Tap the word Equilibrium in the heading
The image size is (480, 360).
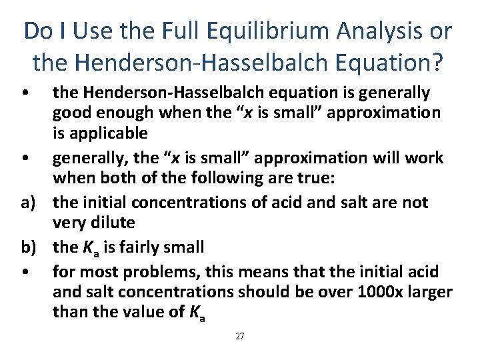[277, 31]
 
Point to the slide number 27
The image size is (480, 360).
[240, 337]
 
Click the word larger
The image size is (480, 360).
[427, 292]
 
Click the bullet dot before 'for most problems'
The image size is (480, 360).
[24, 271]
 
